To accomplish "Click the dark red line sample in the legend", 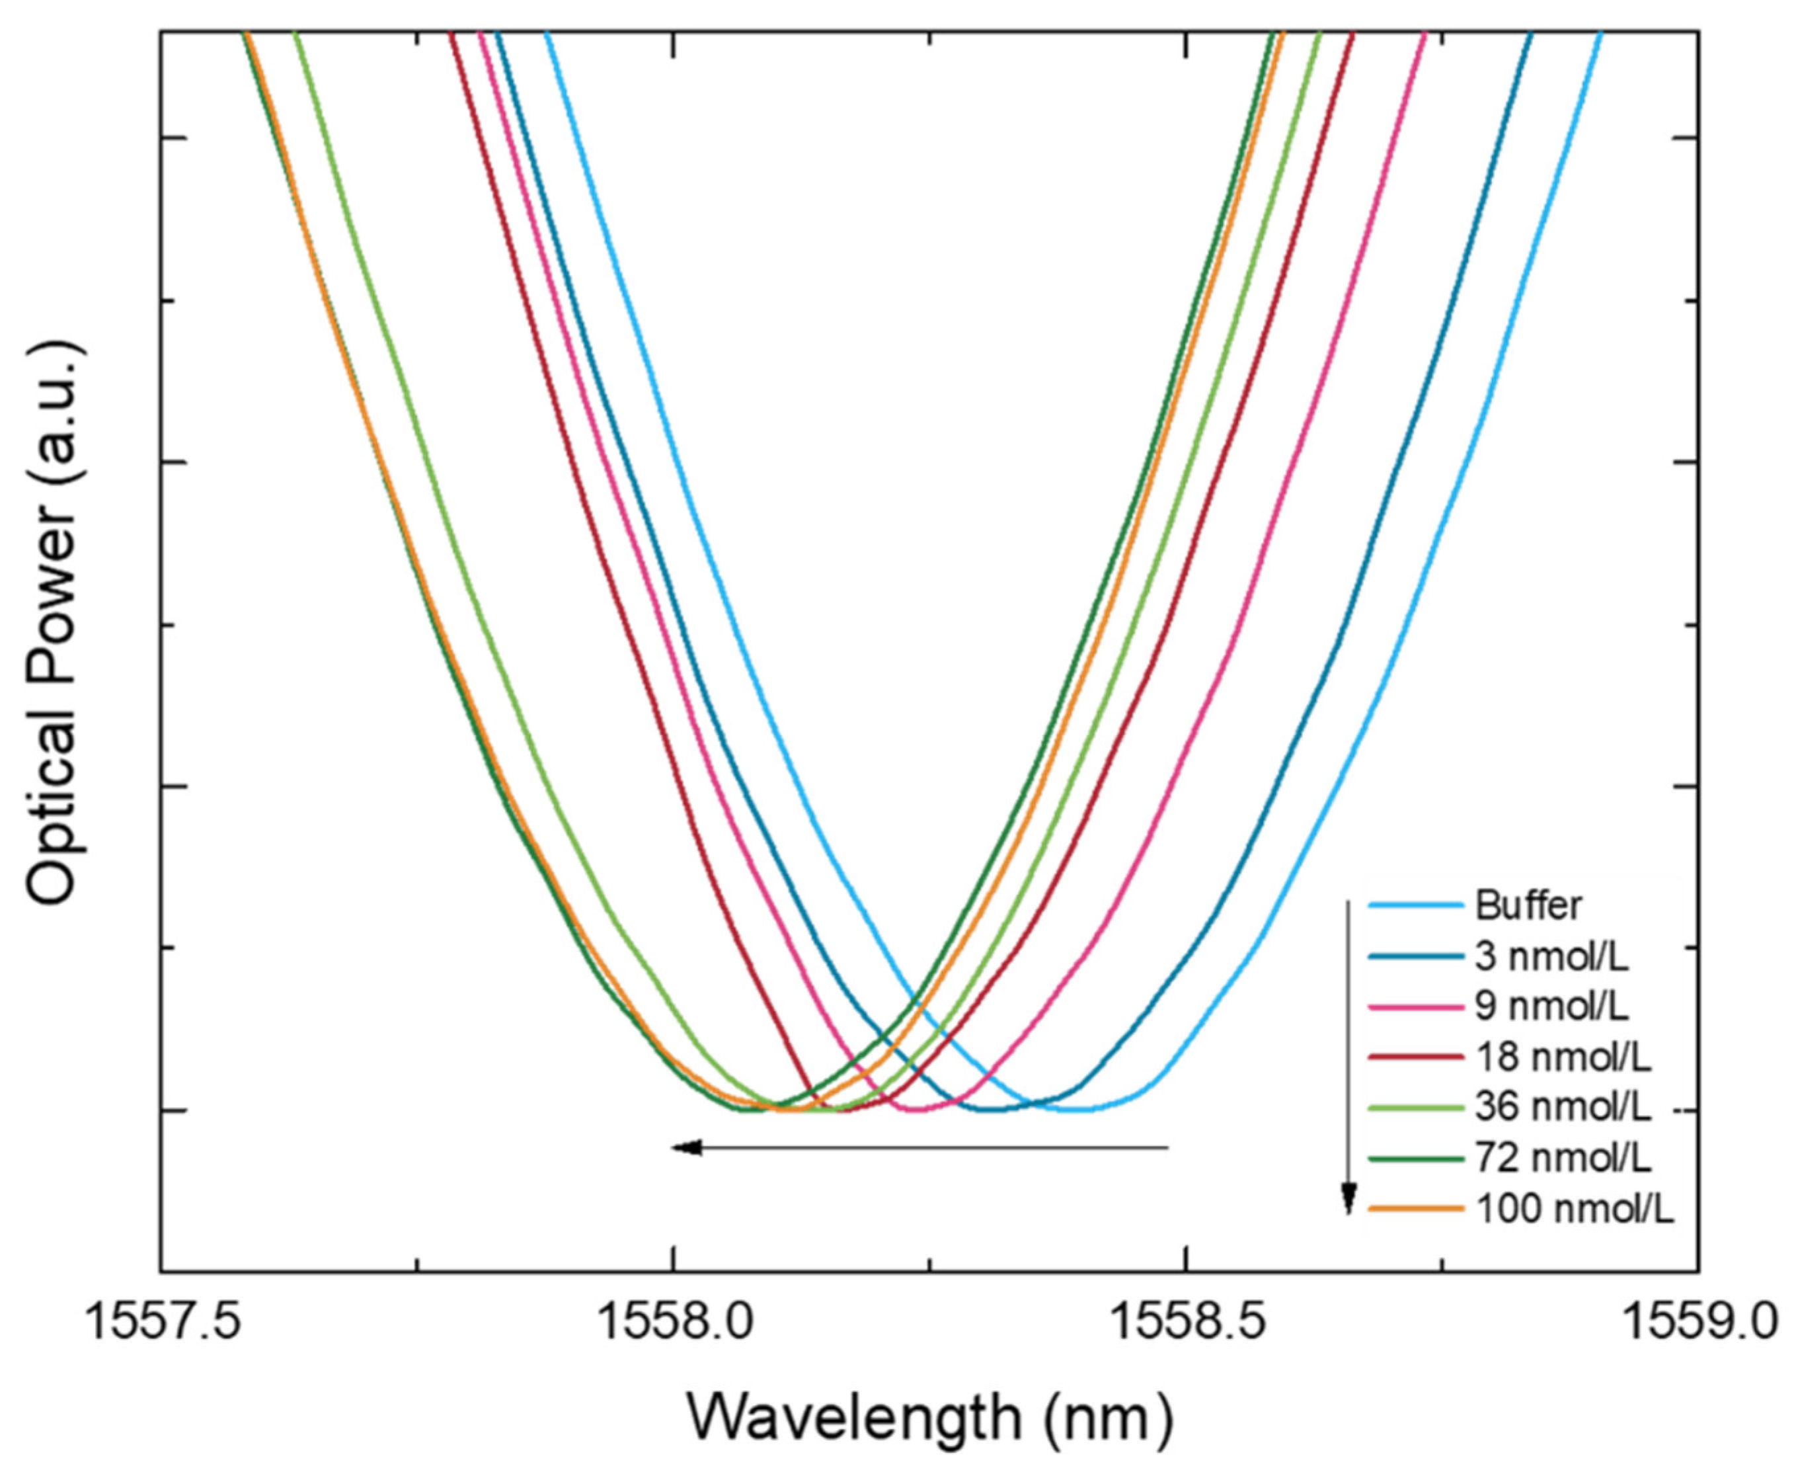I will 1415,1057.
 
